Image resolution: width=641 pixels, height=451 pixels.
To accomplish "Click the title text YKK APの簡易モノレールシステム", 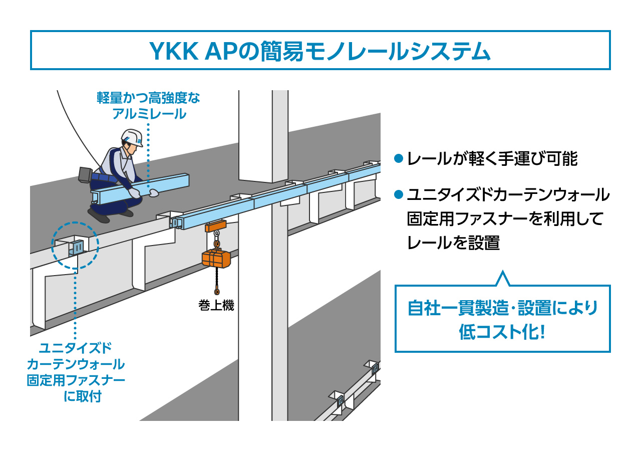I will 320,51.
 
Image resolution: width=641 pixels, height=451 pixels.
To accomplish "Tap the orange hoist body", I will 216,259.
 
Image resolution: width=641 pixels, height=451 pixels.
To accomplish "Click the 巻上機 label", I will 216,305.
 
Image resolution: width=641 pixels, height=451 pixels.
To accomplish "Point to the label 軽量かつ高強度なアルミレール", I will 148,106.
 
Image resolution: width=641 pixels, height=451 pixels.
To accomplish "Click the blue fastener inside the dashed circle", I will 78,247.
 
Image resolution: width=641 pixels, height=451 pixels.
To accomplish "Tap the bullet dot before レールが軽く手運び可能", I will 399,158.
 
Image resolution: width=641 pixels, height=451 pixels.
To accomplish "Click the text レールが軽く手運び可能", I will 492,159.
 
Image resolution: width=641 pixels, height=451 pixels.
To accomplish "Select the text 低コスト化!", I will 502,332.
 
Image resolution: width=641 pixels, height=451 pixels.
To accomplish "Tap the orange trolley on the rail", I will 216,226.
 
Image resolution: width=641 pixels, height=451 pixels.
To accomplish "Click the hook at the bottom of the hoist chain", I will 216,291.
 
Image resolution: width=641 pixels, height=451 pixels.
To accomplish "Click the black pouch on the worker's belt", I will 84,173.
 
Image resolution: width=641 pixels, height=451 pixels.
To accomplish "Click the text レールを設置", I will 453,243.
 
